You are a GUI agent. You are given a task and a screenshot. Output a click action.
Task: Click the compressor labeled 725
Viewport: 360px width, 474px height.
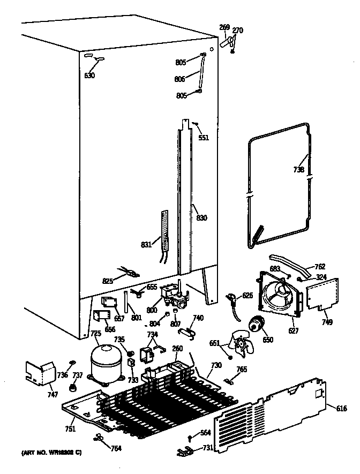tap(104, 363)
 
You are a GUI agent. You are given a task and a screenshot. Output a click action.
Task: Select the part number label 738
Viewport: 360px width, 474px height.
tap(299, 170)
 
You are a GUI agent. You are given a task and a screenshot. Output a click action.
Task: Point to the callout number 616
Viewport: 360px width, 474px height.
tap(341, 409)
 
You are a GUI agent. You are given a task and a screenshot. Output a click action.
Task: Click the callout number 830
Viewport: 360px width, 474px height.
tap(201, 218)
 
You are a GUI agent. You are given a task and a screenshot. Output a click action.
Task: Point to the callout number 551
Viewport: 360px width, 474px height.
tap(203, 138)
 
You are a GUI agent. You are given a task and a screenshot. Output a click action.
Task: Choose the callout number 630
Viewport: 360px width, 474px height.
tap(89, 76)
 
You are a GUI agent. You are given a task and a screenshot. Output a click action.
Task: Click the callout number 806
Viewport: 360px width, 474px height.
tap(179, 79)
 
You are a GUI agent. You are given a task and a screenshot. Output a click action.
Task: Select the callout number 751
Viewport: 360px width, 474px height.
tap(70, 428)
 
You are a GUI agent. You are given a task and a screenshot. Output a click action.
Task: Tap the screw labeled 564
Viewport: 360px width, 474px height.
tap(190, 437)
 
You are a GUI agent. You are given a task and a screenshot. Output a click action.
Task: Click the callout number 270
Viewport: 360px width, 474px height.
tap(237, 31)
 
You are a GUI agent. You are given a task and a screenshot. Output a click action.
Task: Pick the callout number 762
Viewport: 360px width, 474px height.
tap(319, 266)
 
